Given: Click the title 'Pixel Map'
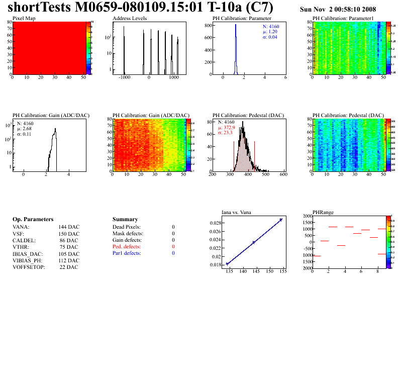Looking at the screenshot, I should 24,18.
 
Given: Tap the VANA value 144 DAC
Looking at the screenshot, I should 69,227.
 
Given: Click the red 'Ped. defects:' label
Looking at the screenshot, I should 127,247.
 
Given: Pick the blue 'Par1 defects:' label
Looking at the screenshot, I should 127,253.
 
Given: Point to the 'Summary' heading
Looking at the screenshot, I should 125,220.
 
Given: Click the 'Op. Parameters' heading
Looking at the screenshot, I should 33,220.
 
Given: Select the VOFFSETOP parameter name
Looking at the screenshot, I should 29,267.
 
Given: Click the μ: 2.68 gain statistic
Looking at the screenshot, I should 27,129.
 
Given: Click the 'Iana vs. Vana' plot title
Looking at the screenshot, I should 238,212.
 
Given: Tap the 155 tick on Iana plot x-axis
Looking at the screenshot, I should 282,271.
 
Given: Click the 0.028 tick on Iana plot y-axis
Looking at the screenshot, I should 215,223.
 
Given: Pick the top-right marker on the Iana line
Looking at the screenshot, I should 281,220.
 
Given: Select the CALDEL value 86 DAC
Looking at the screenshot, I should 69,240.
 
